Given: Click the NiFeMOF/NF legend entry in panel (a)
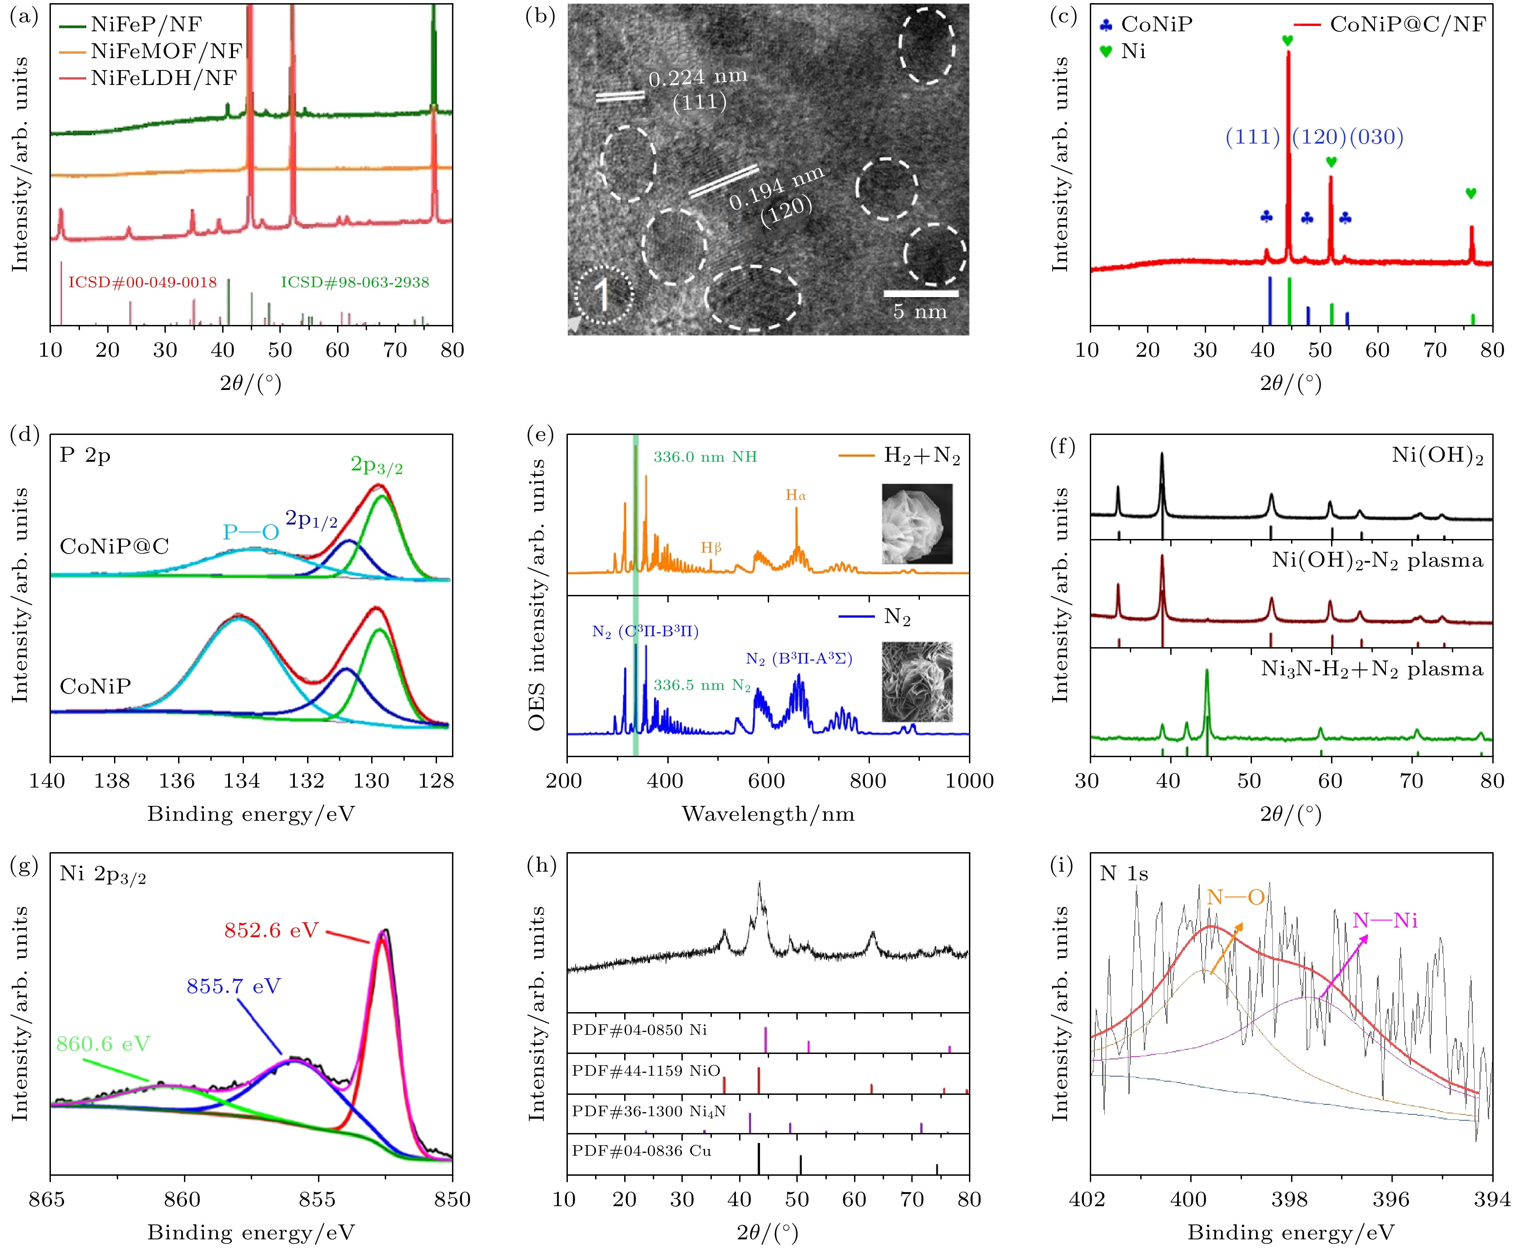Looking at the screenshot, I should point(166,51).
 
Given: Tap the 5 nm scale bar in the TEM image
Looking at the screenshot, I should point(921,293).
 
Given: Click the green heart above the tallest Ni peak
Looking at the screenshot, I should point(1287,41).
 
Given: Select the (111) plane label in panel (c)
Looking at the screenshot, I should point(1252,137).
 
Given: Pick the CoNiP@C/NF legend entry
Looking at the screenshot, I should point(1407,25).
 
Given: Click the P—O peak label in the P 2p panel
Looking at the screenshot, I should point(251,532).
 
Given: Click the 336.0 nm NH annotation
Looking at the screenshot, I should point(704,456).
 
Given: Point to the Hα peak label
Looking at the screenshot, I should point(795,495).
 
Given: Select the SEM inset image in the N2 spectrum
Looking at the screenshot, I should point(917,682).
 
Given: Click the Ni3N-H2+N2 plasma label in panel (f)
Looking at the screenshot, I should point(1372,669).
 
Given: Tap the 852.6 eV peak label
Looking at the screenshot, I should point(271,930).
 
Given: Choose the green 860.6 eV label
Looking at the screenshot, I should point(104,1044).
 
